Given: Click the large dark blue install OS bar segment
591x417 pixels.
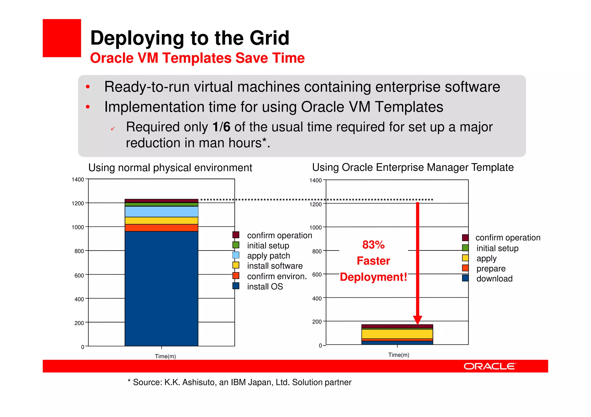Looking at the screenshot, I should point(161,288).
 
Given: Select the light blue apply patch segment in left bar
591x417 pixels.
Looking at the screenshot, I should point(161,212).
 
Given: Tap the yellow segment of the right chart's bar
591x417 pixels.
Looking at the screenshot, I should point(397,334).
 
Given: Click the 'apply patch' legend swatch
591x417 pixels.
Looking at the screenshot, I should point(236,255).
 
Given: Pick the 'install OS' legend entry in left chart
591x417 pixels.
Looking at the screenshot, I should point(265,286).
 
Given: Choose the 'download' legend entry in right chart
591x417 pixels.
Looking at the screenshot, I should point(494,279).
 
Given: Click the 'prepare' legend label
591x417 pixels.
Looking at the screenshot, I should point(491,269).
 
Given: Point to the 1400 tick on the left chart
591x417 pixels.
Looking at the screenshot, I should point(78,180).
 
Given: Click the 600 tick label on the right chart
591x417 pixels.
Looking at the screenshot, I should point(317,275).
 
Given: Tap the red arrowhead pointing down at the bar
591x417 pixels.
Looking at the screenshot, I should point(418,320).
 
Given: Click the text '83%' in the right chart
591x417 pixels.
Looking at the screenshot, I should point(373,245).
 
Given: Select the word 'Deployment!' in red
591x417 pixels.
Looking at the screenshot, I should point(373,277).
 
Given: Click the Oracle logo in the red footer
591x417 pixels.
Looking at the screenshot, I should point(490,366).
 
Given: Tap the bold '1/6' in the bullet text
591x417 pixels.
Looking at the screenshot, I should point(221,127).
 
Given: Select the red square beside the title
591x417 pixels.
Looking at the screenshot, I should point(62,38).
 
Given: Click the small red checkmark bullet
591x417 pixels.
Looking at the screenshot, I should point(113,129).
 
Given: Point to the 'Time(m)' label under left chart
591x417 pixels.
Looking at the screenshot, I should point(165,356).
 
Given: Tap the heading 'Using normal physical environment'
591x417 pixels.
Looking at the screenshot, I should point(170,168).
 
